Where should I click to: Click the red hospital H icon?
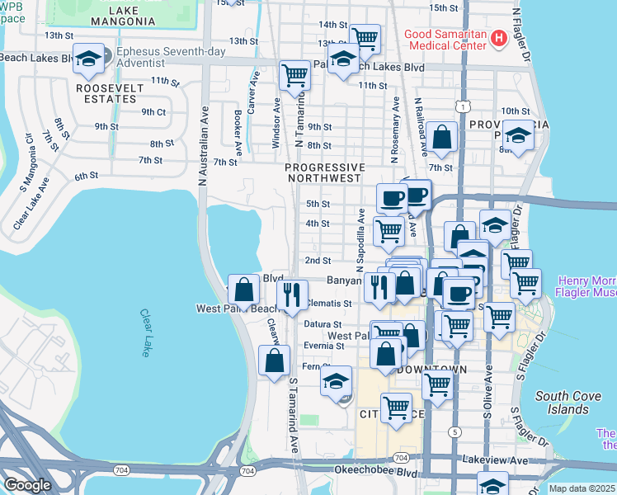point(498,38)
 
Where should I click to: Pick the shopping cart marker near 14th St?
point(364,37)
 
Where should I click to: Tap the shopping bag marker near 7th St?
point(443,138)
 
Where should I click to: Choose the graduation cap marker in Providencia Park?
point(518,135)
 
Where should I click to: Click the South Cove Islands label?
point(568,403)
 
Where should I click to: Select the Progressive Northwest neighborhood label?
point(323,172)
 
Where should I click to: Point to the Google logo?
point(27,485)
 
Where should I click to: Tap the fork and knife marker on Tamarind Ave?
point(291,295)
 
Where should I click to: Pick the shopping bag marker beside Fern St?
point(274,361)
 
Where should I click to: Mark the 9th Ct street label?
point(153,111)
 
